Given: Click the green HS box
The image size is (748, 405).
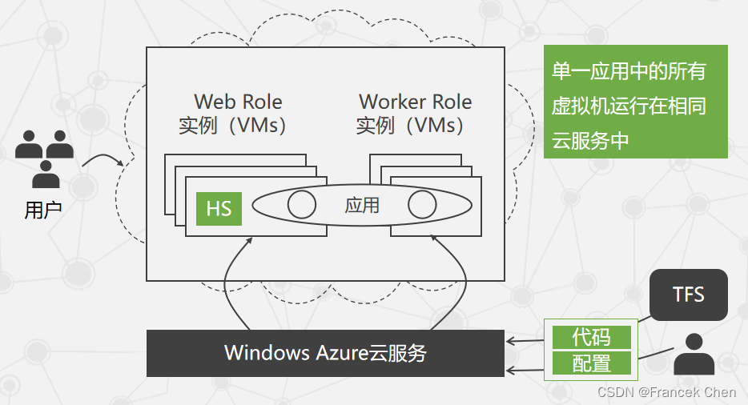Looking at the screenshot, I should pyautogui.click(x=219, y=208).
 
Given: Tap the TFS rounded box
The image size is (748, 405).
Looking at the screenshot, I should pyautogui.click(x=688, y=295).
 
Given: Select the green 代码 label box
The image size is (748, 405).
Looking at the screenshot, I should pyautogui.click(x=592, y=337).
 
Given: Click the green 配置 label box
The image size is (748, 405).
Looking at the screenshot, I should pyautogui.click(x=592, y=364).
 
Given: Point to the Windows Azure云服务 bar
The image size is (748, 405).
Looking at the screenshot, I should pyautogui.click(x=325, y=353).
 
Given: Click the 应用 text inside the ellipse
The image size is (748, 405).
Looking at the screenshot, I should pyautogui.click(x=362, y=206).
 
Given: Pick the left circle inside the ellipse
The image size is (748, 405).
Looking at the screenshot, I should pyautogui.click(x=301, y=205).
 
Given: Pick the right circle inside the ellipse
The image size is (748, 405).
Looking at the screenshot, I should pyautogui.click(x=422, y=205).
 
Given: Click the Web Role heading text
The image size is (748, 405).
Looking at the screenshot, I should pyautogui.click(x=238, y=102).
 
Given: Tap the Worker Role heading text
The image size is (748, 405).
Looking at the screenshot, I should pyautogui.click(x=415, y=102).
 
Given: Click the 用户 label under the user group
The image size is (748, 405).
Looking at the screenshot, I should pyautogui.click(x=43, y=211).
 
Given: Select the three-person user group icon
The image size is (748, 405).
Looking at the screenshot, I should pyautogui.click(x=44, y=156).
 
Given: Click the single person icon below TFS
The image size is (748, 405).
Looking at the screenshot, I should pyautogui.click(x=694, y=356).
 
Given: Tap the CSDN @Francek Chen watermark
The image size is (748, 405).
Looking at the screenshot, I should pyautogui.click(x=666, y=392).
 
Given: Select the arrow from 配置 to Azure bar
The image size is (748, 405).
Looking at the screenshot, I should pyautogui.click(x=527, y=369).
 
